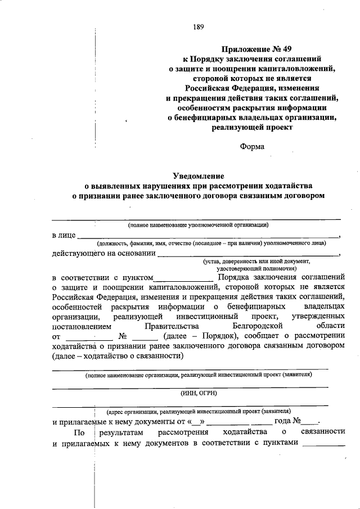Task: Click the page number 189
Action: (x=197, y=26)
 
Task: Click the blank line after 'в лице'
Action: (x=208, y=235)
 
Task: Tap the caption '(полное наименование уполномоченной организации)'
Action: (x=198, y=224)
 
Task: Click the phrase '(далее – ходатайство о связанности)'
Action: (x=118, y=356)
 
